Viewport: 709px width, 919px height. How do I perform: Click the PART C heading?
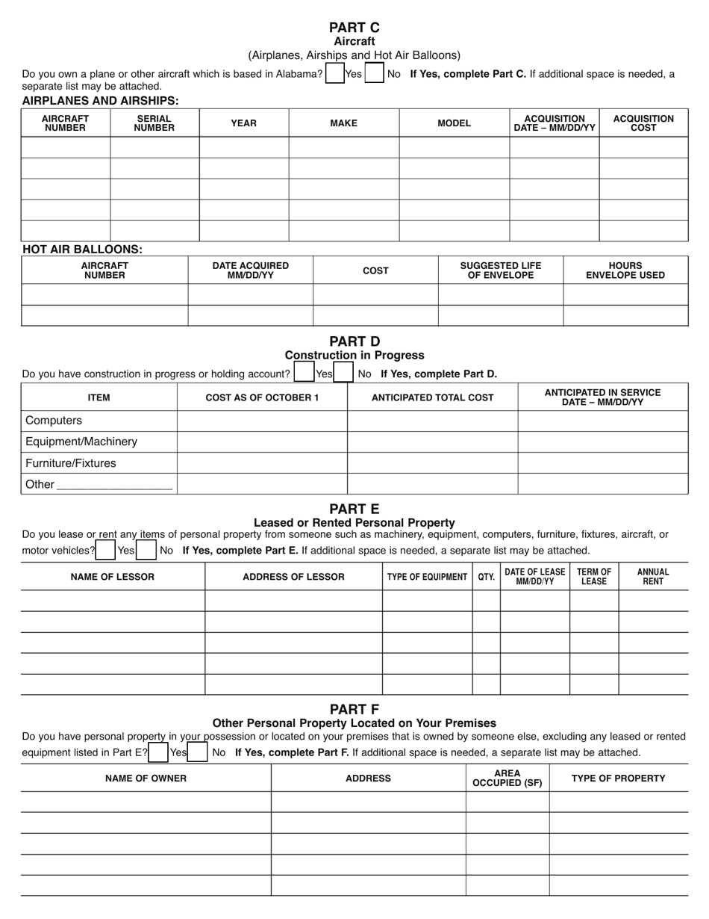click(354, 28)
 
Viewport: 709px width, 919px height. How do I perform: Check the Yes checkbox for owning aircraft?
click(335, 73)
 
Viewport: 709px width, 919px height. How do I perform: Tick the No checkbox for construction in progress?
click(343, 373)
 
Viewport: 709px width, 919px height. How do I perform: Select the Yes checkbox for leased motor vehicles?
click(106, 550)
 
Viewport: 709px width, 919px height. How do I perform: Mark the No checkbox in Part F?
click(198, 752)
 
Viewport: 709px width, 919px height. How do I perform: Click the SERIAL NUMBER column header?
click(154, 123)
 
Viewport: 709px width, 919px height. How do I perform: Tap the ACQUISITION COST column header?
click(643, 123)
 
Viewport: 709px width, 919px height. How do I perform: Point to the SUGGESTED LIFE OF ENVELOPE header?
click(500, 270)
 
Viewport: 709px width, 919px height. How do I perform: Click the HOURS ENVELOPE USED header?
click(625, 270)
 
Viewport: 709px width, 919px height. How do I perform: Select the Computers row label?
click(54, 421)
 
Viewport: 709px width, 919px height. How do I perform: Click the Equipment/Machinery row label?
click(81, 442)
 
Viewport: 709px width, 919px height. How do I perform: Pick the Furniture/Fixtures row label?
click(71, 463)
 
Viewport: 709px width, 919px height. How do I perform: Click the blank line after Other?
click(114, 485)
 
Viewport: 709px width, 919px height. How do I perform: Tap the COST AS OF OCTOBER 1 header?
click(262, 397)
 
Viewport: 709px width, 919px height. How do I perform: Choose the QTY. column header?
click(486, 577)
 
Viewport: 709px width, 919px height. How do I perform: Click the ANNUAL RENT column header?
click(652, 577)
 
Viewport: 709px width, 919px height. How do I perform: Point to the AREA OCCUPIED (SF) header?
click(507, 779)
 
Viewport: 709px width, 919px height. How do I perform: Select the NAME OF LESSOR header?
click(113, 577)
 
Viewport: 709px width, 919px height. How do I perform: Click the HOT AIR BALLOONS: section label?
click(82, 250)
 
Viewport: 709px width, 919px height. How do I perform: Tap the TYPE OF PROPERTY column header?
click(618, 779)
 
